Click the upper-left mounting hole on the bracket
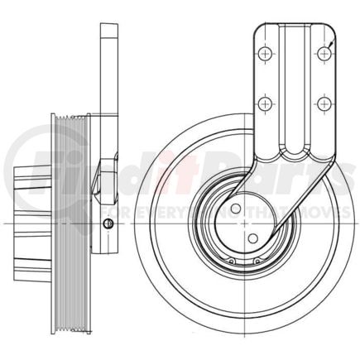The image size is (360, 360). (x=264, y=53)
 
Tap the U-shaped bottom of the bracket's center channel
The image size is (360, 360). (x=293, y=154)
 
